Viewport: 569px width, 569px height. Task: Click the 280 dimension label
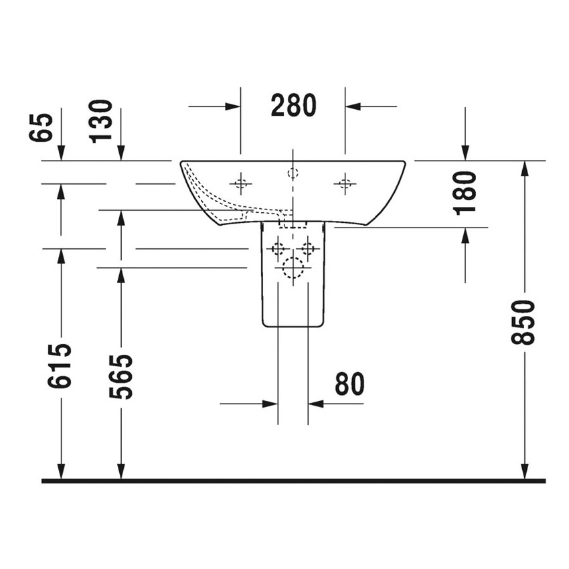[x=293, y=105]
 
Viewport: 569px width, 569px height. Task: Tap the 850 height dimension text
[x=523, y=322]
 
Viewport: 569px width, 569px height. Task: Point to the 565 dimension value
[x=121, y=376]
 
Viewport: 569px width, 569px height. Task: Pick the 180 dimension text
[x=465, y=192]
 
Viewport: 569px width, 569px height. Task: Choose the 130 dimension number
[x=102, y=120]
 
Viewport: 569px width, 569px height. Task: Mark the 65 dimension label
[x=41, y=127]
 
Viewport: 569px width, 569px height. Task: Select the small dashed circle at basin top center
[x=293, y=173]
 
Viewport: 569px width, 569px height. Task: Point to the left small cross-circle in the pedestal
[x=278, y=249]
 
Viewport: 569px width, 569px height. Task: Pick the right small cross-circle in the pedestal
[x=307, y=249]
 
